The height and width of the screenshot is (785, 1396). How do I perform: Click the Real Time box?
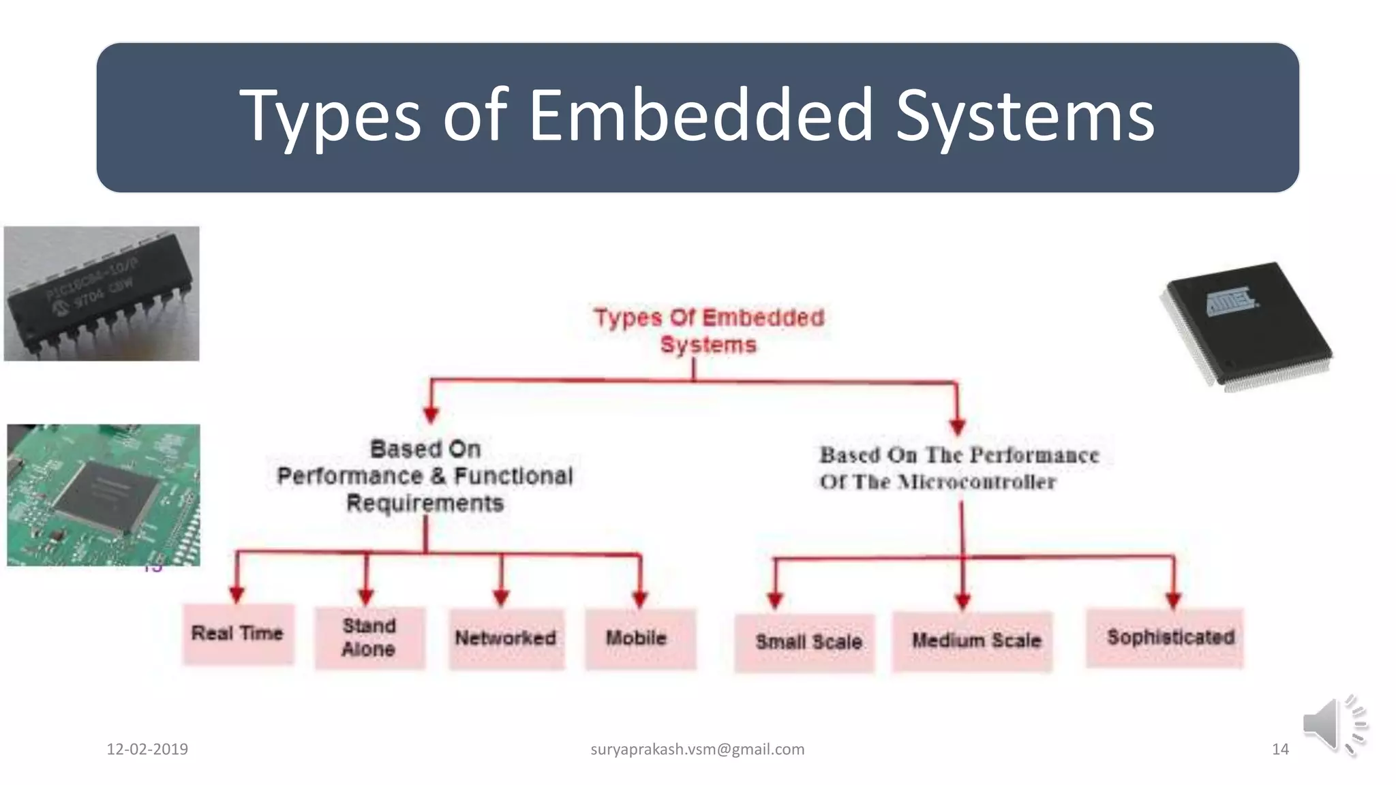(x=238, y=634)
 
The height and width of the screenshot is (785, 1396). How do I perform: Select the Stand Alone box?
(x=369, y=638)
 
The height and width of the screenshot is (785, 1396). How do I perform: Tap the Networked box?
(x=506, y=638)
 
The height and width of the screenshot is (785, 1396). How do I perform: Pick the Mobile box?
(x=639, y=638)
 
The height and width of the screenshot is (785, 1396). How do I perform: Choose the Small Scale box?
(x=804, y=642)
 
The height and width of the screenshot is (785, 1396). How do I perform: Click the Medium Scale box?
(x=973, y=641)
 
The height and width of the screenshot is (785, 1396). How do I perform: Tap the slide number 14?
(x=1280, y=750)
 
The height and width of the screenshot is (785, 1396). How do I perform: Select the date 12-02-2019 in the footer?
(x=147, y=750)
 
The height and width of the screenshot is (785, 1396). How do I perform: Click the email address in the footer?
(x=697, y=750)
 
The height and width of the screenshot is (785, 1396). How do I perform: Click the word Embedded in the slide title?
(x=701, y=116)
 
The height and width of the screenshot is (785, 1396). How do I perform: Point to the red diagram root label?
(x=709, y=331)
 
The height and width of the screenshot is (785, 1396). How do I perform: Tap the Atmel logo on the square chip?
(x=1231, y=301)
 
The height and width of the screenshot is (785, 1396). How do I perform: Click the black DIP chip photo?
(x=102, y=294)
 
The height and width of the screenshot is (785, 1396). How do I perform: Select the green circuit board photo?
(x=104, y=495)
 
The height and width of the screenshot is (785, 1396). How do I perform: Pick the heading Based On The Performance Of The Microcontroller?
(x=958, y=468)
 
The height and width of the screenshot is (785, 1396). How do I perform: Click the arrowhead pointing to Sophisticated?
(x=1173, y=600)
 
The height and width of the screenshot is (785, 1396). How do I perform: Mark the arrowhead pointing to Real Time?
(x=237, y=594)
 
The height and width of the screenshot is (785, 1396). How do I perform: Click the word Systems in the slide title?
(x=1025, y=116)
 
